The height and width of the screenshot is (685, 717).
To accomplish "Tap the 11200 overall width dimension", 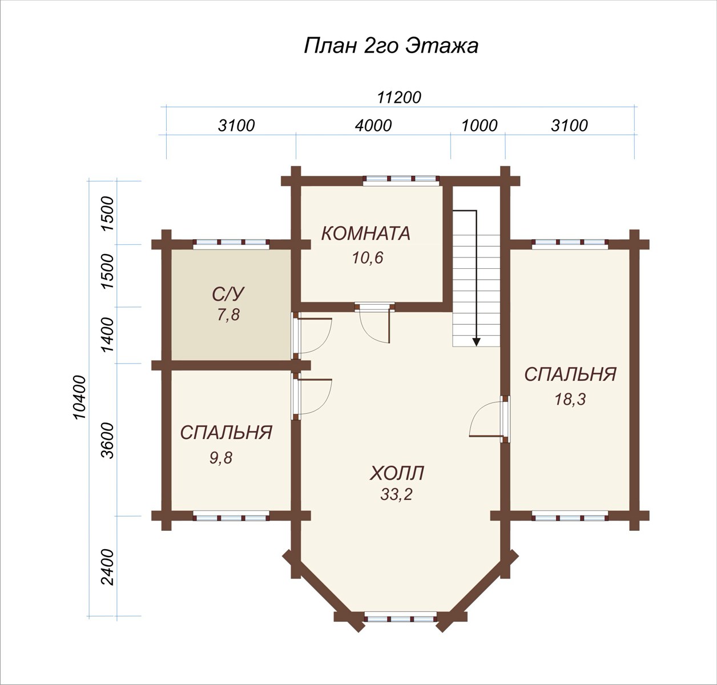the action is click(399, 98).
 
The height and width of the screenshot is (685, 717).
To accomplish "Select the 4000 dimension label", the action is click(373, 126).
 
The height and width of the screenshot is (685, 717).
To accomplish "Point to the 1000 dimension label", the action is click(480, 126).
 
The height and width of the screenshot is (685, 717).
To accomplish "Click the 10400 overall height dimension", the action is click(79, 397).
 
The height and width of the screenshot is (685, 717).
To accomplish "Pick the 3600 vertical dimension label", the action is click(108, 440).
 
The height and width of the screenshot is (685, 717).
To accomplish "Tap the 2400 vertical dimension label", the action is click(108, 567).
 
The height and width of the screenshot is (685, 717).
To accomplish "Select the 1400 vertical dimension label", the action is click(108, 335).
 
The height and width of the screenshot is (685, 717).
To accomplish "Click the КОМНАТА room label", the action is click(365, 233).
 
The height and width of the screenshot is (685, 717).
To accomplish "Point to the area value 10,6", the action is click(368, 257).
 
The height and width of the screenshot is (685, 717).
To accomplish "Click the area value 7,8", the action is click(228, 315).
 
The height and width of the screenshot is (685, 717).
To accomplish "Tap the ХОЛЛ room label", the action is click(397, 473).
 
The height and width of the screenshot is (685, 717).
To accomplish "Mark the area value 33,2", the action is click(396, 495).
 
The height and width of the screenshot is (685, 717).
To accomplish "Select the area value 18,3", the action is click(570, 399).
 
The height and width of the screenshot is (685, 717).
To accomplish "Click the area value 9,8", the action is click(221, 458).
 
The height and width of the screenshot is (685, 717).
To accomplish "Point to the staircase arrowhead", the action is click(477, 342).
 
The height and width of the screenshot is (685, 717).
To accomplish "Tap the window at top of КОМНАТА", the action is click(401, 180).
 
